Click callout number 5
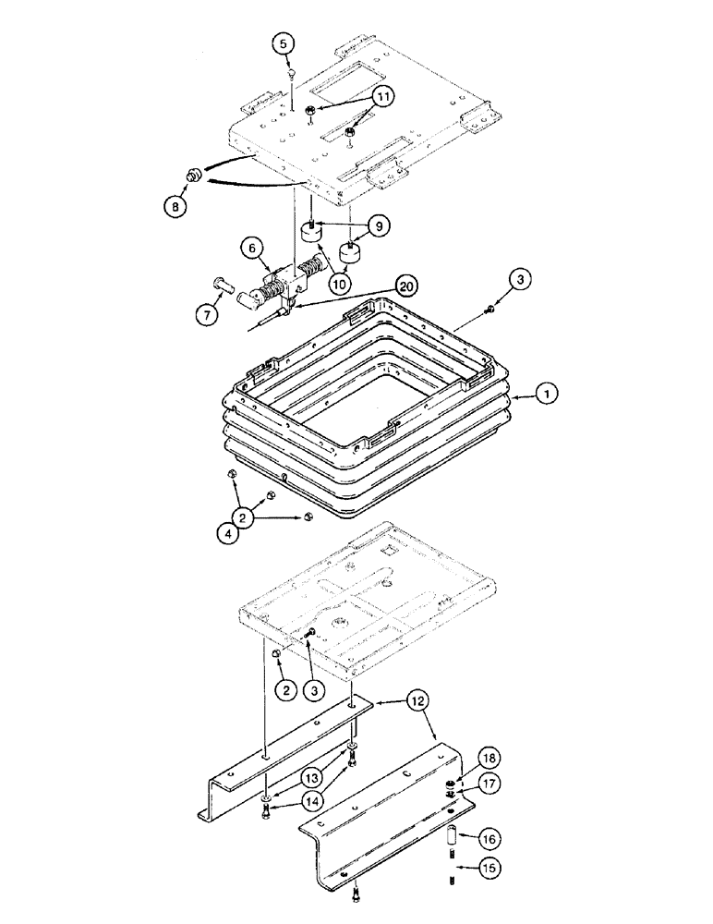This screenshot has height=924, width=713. coord(285,43)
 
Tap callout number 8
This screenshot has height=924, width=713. coord(175,207)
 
